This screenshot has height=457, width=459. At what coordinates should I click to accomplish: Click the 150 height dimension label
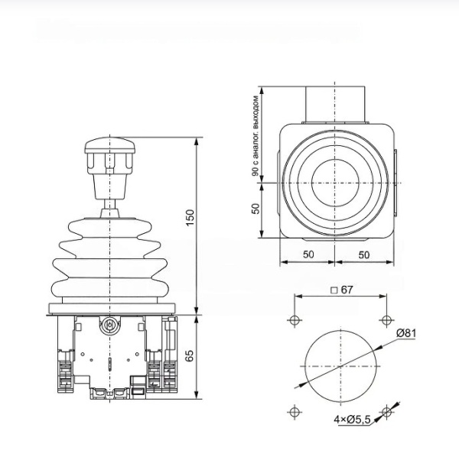pyautogui.click(x=190, y=218)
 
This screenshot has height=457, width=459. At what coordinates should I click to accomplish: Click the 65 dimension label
pyautogui.click(x=190, y=355)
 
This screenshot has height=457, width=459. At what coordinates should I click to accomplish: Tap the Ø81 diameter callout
pyautogui.click(x=406, y=333)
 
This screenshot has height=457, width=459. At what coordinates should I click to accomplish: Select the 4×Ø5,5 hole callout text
pyautogui.click(x=352, y=420)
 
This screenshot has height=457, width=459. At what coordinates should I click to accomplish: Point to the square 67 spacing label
pyautogui.click(x=342, y=290)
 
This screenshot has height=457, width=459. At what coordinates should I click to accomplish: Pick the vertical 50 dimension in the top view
pyautogui.click(x=256, y=209)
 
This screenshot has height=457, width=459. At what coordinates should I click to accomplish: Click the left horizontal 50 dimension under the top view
pyautogui.click(x=308, y=254)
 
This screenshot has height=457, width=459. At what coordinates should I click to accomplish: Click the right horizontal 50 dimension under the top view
pyautogui.click(x=364, y=254)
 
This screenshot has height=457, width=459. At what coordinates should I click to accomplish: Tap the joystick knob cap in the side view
pyautogui.click(x=109, y=144)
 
